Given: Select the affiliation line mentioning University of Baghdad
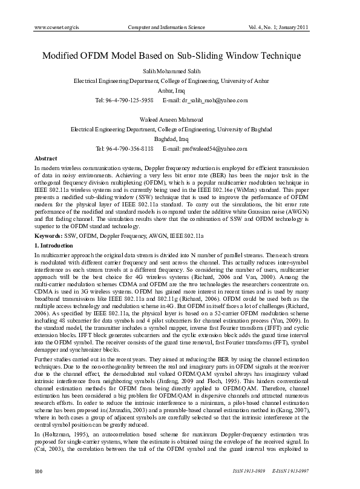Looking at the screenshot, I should tap(171, 129).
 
